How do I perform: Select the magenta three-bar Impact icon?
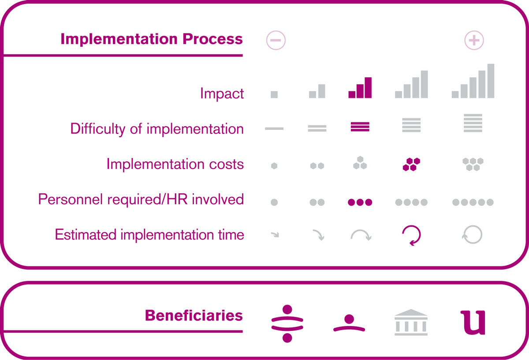pyautogui.click(x=360, y=87)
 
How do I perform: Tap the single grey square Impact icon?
pyautogui.click(x=274, y=94)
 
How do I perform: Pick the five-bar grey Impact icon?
pyautogui.click(x=473, y=81)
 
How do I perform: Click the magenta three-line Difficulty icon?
pyautogui.click(x=360, y=127)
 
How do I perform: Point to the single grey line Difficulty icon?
pyautogui.click(x=274, y=128)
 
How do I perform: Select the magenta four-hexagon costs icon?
pyautogui.click(x=411, y=164)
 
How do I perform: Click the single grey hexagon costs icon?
pyautogui.click(x=274, y=166)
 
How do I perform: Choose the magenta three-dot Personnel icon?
pyautogui.click(x=360, y=202)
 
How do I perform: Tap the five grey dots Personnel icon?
pyautogui.click(x=473, y=202)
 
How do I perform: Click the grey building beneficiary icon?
pyautogui.click(x=411, y=322)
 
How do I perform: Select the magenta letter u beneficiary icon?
pyautogui.click(x=473, y=322)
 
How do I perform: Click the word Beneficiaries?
pyautogui.click(x=194, y=315)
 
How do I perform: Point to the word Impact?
pyautogui.click(x=222, y=94)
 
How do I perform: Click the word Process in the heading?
pyautogui.click(x=212, y=39)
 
